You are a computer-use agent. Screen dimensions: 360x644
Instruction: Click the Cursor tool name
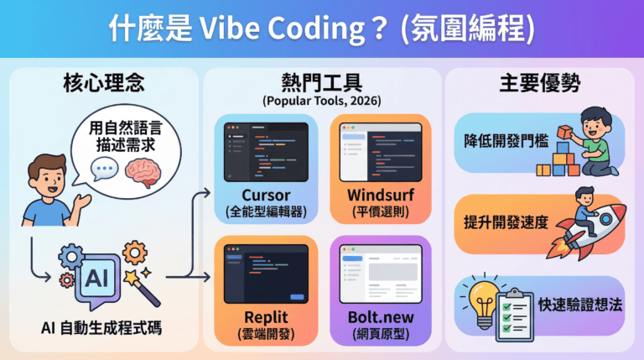pos(265,196)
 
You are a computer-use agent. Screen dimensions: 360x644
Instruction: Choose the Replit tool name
pos(265,317)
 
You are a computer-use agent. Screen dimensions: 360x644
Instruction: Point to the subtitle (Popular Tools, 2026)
pos(322,102)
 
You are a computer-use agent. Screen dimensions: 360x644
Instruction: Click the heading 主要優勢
pos(540,85)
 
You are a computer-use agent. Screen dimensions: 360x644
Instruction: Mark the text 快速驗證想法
pos(581,304)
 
